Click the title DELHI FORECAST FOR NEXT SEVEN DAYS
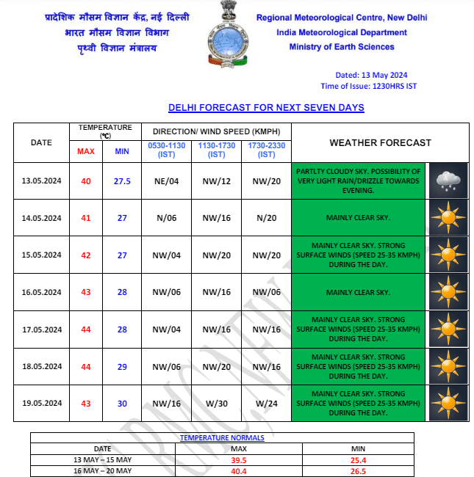click(x=266, y=108)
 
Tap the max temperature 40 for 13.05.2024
click(x=86, y=181)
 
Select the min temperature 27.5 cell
click(x=122, y=181)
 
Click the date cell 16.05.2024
click(x=41, y=293)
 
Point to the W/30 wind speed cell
click(x=217, y=403)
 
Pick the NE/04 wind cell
click(x=166, y=181)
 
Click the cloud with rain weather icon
click(x=447, y=181)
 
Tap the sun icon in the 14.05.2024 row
click(x=447, y=218)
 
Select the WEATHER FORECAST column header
click(x=380, y=142)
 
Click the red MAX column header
click(x=86, y=152)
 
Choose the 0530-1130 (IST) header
click(x=166, y=150)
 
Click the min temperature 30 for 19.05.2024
click(x=122, y=403)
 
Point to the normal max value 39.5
click(x=239, y=461)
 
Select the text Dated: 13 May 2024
click(x=371, y=75)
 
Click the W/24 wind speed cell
click(x=266, y=403)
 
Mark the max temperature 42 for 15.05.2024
click(x=86, y=255)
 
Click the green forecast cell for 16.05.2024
click(x=358, y=293)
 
